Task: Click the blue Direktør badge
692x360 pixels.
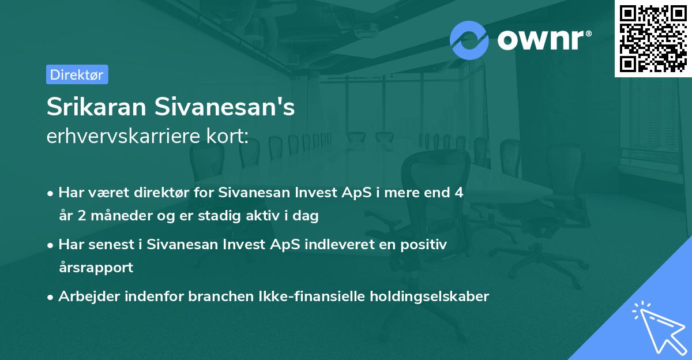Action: tap(77, 74)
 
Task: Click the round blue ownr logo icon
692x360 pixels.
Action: tap(469, 40)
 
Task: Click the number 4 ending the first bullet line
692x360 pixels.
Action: tap(458, 193)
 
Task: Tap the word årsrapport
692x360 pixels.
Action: tap(96, 268)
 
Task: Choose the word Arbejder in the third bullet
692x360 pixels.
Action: tap(86, 297)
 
